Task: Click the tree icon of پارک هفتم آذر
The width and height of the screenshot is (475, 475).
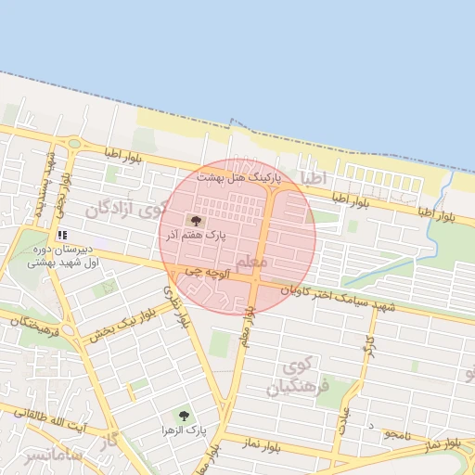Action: (194, 220)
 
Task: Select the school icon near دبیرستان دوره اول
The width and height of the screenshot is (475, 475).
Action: (62, 236)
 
